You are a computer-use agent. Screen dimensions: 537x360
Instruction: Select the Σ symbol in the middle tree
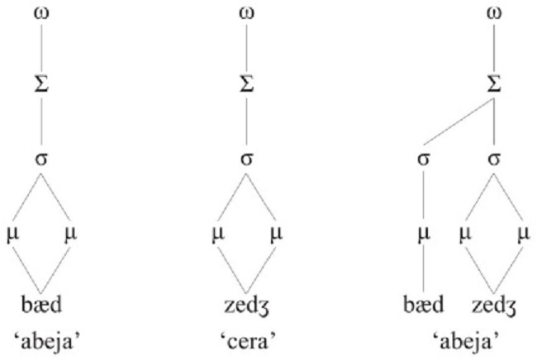point(245,83)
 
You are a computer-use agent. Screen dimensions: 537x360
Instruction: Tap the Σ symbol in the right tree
point(493,83)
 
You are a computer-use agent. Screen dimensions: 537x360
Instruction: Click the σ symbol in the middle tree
point(245,156)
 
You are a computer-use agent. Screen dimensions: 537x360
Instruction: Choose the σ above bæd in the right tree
point(425,156)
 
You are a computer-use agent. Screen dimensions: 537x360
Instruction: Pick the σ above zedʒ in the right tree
point(493,156)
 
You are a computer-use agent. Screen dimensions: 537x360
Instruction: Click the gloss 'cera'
point(245,339)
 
